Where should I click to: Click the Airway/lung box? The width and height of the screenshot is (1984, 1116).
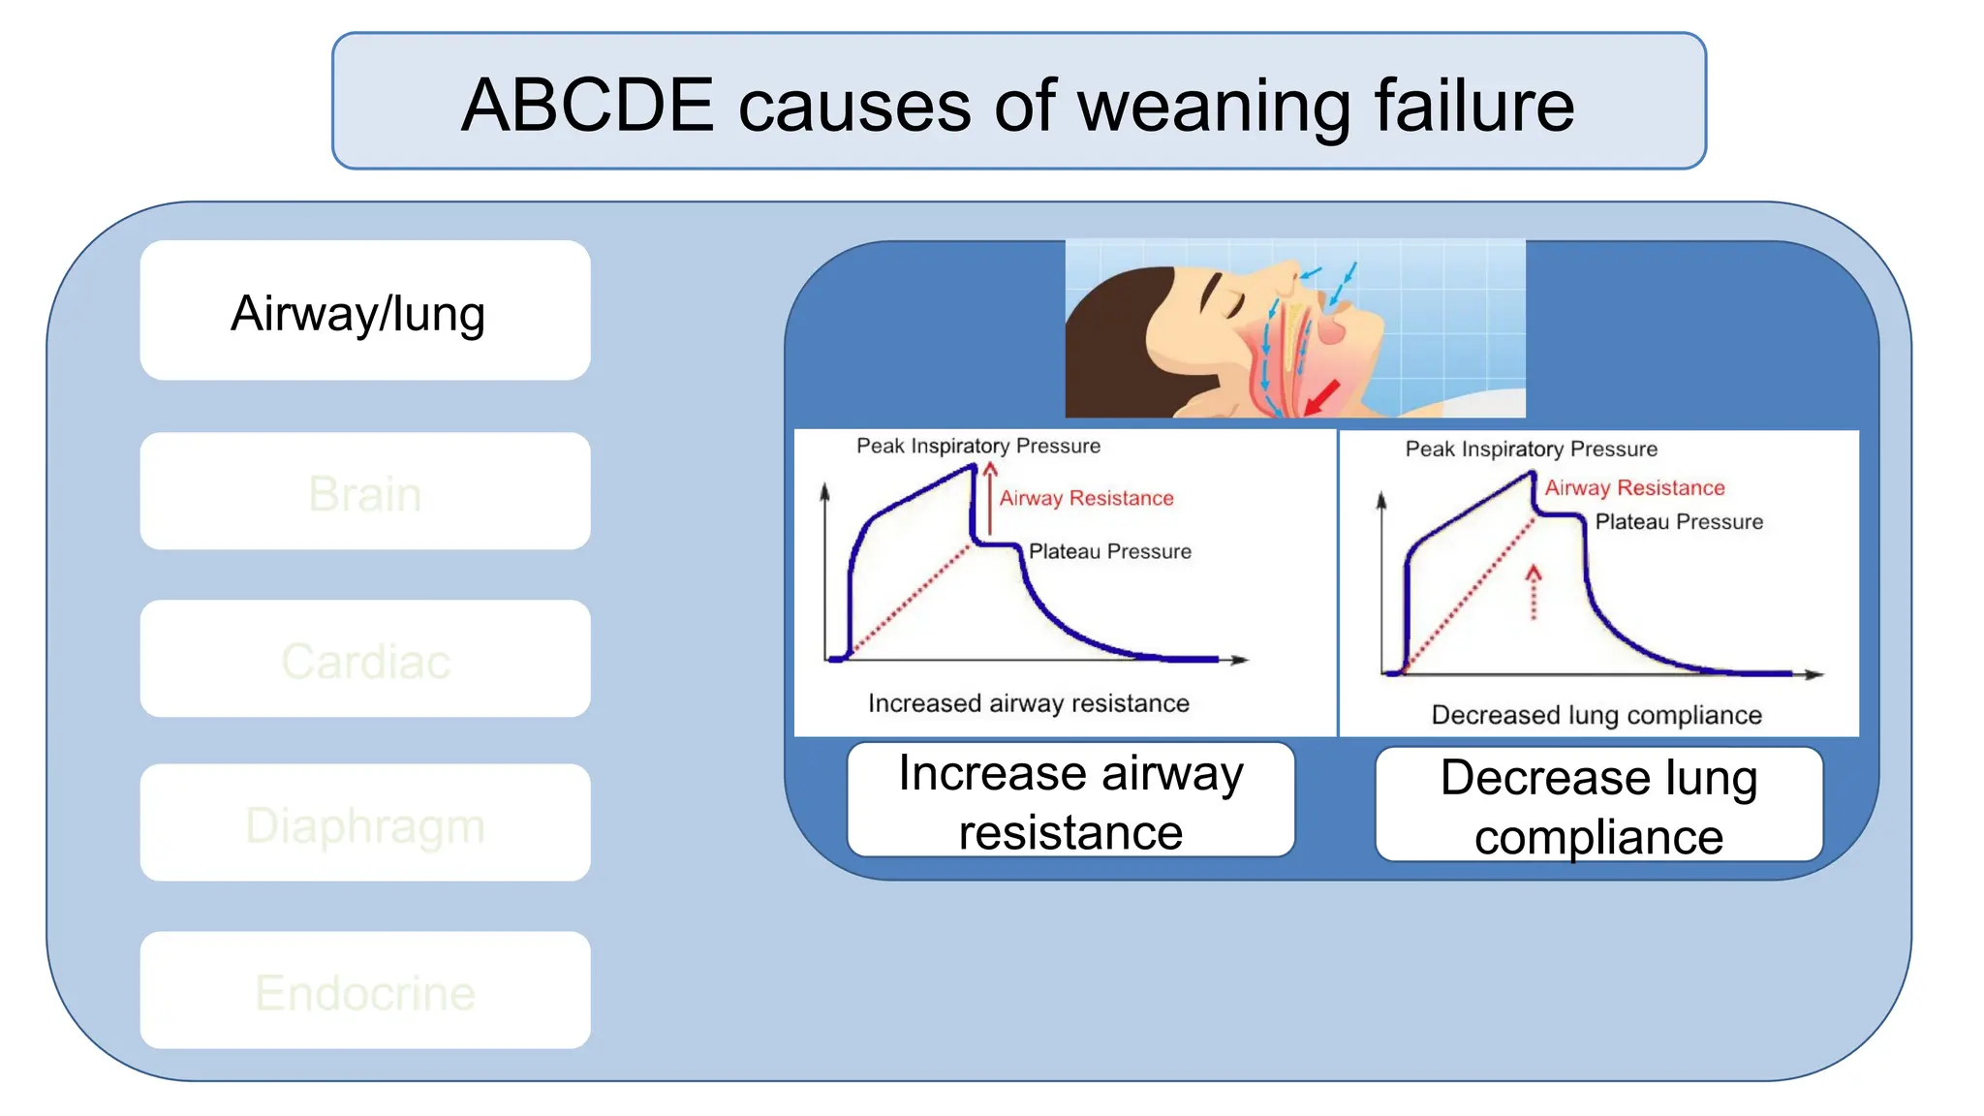364,311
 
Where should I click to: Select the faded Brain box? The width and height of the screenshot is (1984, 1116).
364,491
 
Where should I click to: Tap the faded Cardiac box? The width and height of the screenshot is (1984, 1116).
364,659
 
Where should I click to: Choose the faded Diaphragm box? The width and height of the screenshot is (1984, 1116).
364,823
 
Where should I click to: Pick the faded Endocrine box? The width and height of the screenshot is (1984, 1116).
364,990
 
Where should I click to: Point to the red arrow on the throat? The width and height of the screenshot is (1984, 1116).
1321,395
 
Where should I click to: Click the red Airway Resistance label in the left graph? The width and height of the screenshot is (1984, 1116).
1086,498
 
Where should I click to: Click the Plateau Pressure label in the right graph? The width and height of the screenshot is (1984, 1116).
1679,522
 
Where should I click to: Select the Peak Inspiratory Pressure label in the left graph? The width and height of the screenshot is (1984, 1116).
978,446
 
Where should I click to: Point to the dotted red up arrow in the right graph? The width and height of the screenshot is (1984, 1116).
1533,592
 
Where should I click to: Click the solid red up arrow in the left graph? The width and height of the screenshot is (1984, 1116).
990,498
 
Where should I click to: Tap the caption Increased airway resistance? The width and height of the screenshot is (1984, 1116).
1028,703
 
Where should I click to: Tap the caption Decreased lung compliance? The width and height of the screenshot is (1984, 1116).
1596,715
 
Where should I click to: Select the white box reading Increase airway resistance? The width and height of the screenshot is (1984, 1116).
1070,801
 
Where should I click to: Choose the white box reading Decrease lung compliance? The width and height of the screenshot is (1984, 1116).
1598,805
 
